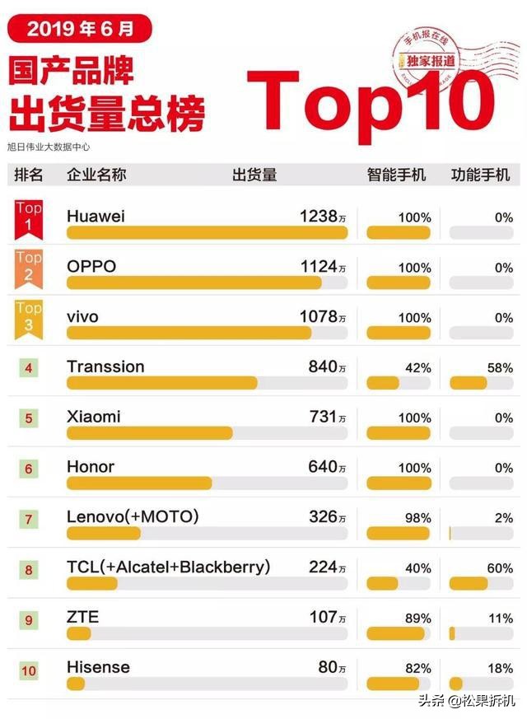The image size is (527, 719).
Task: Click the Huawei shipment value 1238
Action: pos(319,217)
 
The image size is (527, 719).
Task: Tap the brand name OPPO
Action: pos(91,267)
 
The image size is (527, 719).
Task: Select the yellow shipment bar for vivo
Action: pos(189,333)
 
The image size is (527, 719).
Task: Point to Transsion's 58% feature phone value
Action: pos(499,367)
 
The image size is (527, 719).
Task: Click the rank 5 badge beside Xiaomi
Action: pos(29,418)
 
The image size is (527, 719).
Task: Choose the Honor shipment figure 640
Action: pos(323,467)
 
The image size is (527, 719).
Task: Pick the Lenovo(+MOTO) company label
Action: pos(133,516)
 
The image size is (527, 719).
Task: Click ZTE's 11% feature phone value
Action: pos(499,618)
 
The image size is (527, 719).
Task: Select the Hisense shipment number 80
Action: pos(328,667)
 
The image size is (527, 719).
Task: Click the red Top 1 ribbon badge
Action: pos(29,217)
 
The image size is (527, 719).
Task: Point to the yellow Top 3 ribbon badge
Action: pos(29,316)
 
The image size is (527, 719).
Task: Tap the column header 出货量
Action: pos(254,175)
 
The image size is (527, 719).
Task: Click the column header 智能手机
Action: pos(397,175)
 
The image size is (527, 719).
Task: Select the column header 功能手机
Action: pos(480,175)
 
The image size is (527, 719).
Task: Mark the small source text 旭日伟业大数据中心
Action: pos(49,147)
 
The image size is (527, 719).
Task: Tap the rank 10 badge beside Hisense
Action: pos(29,670)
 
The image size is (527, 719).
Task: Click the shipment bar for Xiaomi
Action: pos(149,433)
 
